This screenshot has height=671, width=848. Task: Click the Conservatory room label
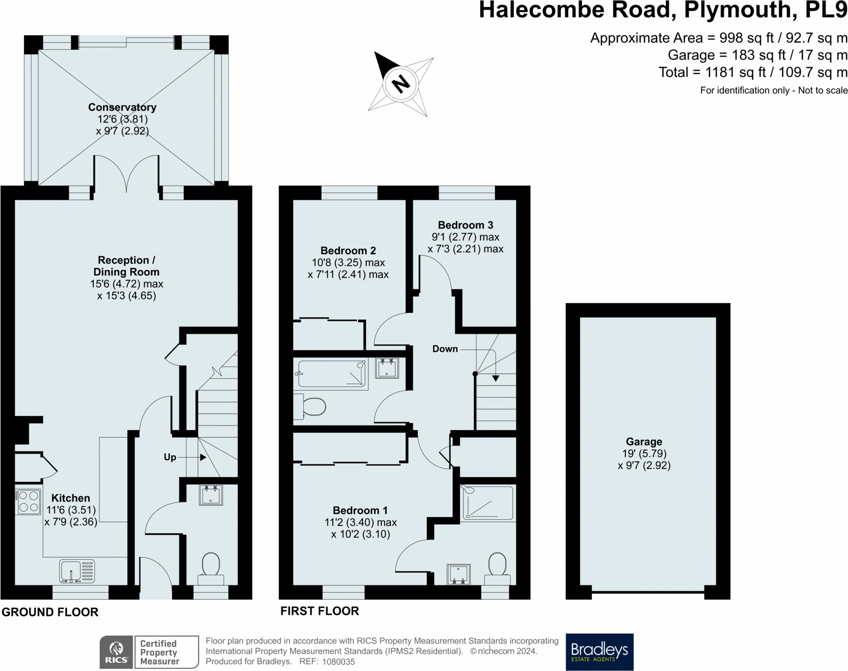pos(122,107)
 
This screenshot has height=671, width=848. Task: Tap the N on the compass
pos(401,84)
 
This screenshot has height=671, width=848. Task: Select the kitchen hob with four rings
pos(29,502)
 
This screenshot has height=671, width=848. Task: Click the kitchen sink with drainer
pos(77,571)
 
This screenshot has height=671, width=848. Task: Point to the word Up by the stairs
pos(170,457)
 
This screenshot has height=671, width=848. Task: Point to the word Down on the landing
pos(445,349)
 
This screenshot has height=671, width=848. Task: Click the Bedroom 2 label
pos(348,251)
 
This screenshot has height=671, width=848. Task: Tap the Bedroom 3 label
pos(466,225)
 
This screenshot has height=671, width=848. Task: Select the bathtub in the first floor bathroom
pos(332,374)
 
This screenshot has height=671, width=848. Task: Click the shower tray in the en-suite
pos(488,503)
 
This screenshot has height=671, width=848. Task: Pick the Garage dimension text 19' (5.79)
pos(644,454)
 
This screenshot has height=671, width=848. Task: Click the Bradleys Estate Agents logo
pos(600,652)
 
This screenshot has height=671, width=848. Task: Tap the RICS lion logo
pos(116,652)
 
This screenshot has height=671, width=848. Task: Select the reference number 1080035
pos(338,662)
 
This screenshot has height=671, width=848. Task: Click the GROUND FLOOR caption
pos(50,612)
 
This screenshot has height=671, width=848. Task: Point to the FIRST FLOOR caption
pos(320,611)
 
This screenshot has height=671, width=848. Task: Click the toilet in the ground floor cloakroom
pos(211,569)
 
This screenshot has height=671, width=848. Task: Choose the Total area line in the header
pos(753,73)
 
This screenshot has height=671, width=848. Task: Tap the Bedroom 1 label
pos(360,510)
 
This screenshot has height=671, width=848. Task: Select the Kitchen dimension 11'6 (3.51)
pos(71,510)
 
